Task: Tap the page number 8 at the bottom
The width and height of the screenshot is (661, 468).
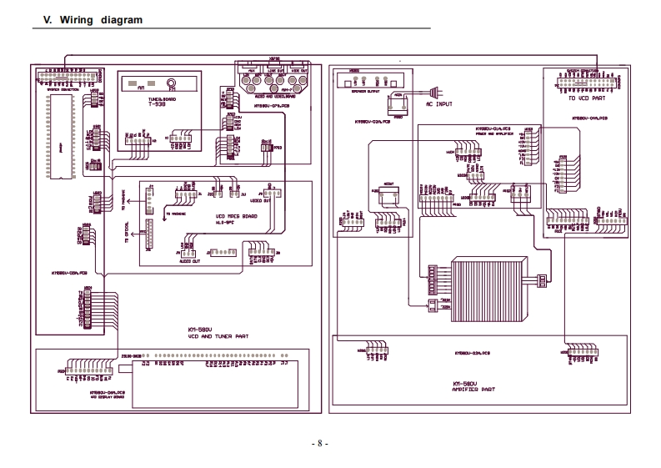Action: pyautogui.click(x=320, y=443)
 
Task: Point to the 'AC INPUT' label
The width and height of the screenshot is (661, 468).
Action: pyautogui.click(x=439, y=104)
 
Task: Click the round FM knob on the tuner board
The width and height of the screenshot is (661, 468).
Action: pyautogui.click(x=171, y=84)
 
